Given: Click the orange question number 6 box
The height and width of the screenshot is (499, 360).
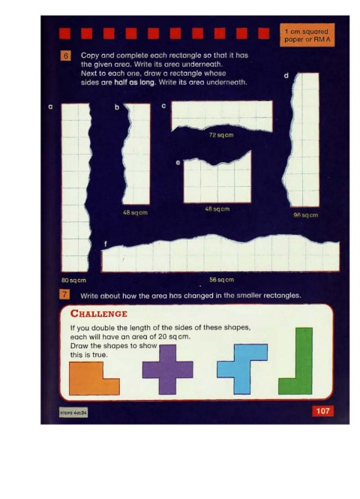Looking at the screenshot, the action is (x=65, y=56).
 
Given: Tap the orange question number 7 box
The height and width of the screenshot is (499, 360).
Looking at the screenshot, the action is (x=64, y=294).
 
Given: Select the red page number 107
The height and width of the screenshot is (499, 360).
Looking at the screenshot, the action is (x=322, y=411).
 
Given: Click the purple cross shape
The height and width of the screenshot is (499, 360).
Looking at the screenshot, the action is (x=167, y=369).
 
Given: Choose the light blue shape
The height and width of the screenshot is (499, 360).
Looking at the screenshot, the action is (x=241, y=369).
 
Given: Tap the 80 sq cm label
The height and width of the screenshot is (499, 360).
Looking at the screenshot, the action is (x=73, y=281).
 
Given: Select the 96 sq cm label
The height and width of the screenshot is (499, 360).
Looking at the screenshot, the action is (x=305, y=215).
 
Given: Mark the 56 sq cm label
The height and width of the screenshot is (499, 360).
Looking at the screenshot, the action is (x=222, y=280).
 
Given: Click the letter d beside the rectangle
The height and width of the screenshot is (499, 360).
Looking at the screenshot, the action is (x=286, y=76).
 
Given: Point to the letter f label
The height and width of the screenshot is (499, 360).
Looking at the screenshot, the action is (x=106, y=244).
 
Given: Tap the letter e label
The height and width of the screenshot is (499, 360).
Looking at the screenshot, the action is (x=178, y=163).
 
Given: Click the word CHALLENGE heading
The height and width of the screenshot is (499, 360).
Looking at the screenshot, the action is (x=99, y=314).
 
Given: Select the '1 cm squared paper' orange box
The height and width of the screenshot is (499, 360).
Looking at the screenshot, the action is (x=307, y=35).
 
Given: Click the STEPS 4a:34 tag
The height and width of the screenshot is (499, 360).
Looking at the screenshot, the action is (x=73, y=413).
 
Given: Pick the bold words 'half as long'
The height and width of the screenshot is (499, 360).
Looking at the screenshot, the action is (x=134, y=82).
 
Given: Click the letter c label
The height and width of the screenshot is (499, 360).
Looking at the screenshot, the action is (x=163, y=106).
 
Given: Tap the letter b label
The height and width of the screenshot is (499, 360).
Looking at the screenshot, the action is (x=117, y=107).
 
